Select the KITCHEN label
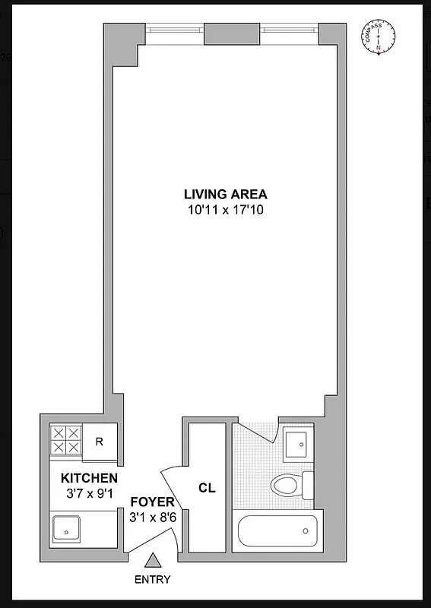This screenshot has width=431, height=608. click(89, 478)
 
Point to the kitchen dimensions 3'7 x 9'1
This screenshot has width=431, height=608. click(89, 492)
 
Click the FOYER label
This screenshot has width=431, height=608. click(152, 502)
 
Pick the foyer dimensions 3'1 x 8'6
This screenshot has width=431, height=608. click(152, 517)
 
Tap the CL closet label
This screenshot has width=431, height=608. click(207, 489)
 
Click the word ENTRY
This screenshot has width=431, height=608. click(153, 580)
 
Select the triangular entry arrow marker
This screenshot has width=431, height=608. click(153, 561)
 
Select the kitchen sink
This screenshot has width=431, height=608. click(67, 527)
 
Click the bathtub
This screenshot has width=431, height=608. click(277, 530)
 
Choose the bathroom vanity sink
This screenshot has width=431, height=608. click(296, 444)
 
